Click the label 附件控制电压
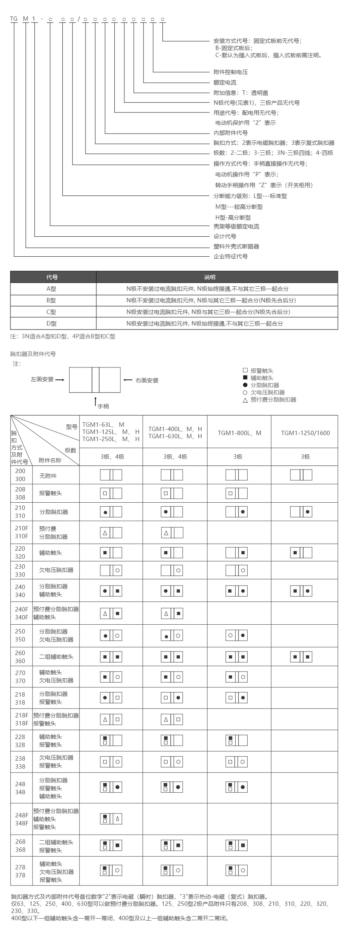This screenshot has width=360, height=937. click(231, 72)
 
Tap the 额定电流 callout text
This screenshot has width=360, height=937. click(225, 83)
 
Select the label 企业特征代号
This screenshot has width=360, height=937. click(231, 257)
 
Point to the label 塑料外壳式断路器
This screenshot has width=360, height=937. click(236, 247)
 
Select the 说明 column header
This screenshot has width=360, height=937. click(210, 277)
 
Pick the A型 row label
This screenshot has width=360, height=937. click(51, 289)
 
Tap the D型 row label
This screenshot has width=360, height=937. click(51, 324)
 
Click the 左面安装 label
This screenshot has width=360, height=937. click(42, 379)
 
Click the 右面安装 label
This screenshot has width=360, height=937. click(147, 381)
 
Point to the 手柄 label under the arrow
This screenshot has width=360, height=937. click(103, 406)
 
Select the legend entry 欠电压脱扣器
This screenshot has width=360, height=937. click(268, 392)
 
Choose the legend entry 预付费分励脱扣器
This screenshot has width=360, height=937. click(273, 400)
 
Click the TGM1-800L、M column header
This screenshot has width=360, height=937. click(239, 433)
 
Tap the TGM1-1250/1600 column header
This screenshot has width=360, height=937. click(305, 433)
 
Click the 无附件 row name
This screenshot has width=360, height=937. click(48, 476)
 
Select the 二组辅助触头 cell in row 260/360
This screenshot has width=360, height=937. click(56, 657)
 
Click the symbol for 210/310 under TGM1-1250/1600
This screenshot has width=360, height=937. click(301, 512)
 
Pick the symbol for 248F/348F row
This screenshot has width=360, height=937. click(111, 819)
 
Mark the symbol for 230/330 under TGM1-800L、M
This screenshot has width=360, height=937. click(236, 571)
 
